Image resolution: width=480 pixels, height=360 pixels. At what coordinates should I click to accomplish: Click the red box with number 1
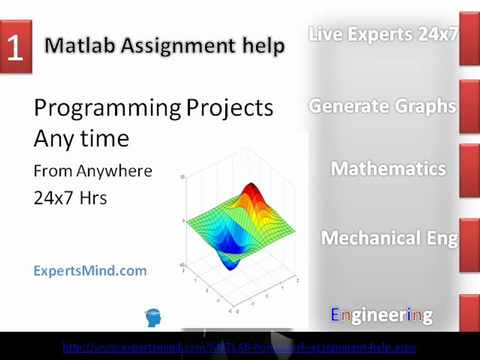coord(15,47)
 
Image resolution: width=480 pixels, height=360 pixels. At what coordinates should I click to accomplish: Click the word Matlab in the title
coord(79,46)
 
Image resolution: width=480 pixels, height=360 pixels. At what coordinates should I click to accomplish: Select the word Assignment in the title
coord(176,46)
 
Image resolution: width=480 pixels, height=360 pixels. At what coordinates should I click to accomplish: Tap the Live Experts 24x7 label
coord(383,34)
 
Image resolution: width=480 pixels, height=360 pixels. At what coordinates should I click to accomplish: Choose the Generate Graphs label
coord(382,106)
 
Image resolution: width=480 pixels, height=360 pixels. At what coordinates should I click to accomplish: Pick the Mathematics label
coord(388,168)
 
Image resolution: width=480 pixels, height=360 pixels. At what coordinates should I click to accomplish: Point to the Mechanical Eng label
coord(389,238)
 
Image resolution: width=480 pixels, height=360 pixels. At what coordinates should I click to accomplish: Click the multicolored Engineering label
coord(381,315)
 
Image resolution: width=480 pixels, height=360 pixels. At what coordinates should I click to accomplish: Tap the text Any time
coord(81,138)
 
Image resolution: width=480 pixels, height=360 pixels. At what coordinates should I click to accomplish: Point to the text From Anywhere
coord(92,171)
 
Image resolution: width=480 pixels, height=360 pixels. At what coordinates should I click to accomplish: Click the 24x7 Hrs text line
coord(70,198)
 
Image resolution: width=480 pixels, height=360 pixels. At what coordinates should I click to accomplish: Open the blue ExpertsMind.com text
coord(90,271)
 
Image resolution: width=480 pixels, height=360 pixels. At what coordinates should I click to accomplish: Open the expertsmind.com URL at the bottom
coord(239,346)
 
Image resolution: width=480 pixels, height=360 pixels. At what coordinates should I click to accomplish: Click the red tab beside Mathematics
coord(469,170)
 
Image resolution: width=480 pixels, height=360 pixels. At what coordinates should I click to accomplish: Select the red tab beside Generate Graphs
coord(469,106)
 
